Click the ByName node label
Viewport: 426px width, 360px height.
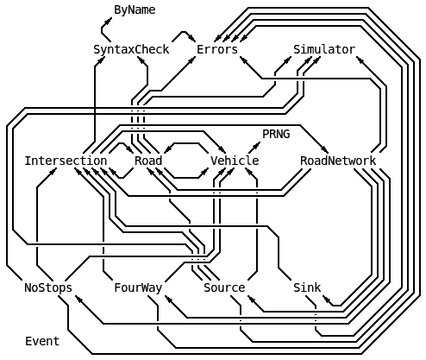[135, 10]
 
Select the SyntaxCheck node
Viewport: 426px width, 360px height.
[131, 49]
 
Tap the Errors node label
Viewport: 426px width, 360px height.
[217, 49]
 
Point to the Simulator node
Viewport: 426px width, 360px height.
[324, 49]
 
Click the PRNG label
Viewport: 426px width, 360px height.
[276, 134]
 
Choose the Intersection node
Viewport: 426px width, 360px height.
[66, 161]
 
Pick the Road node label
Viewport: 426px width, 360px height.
[148, 161]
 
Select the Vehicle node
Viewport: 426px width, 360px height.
[235, 161]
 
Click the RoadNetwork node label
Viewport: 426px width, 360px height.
[338, 161]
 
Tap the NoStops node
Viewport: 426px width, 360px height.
[48, 287]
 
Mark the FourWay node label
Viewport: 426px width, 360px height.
[138, 287]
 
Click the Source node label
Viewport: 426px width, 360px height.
[224, 287]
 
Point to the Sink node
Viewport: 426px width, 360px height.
[307, 287]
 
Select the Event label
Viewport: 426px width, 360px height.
[42, 341]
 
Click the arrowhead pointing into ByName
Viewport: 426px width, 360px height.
[109, 21]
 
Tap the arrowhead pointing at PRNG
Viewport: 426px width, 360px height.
[256, 145]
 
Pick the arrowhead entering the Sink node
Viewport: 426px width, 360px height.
[327, 300]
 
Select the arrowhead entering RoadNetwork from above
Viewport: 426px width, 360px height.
[325, 149]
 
